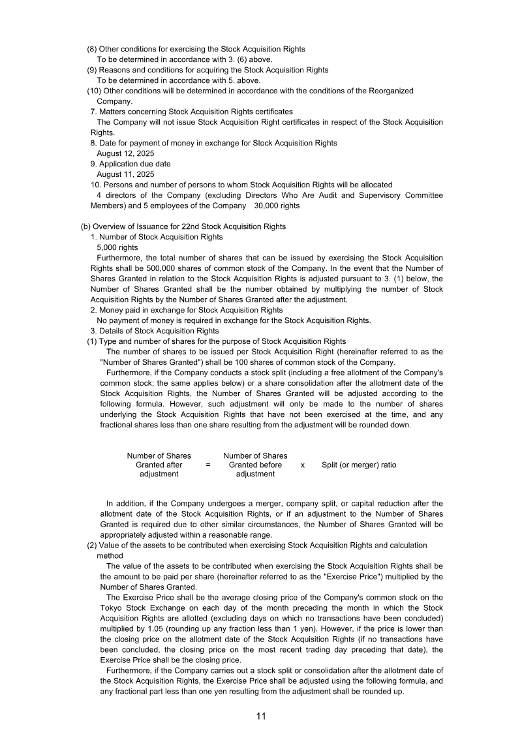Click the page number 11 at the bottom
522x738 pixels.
pyautogui.click(x=261, y=716)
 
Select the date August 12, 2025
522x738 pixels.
pyautogui.click(x=125, y=153)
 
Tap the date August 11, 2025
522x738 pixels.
pyautogui.click(x=125, y=174)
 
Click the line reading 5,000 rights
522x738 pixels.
pyautogui.click(x=117, y=247)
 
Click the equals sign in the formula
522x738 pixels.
pyautogui.click(x=208, y=465)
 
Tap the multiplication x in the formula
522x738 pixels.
pyautogui.click(x=303, y=465)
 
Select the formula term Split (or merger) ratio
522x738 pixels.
pyautogui.click(x=359, y=465)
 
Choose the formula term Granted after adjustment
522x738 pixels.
pyautogui.click(x=159, y=465)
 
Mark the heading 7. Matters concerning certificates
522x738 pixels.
pyautogui.click(x=192, y=112)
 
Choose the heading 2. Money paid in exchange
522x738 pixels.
pyautogui.click(x=187, y=310)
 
